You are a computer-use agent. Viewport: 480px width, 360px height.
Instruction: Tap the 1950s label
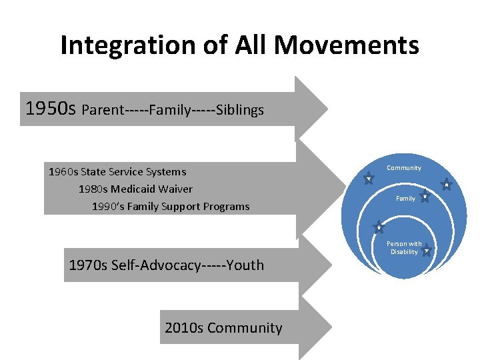(x=51, y=108)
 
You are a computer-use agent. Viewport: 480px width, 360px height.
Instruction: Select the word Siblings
(x=238, y=110)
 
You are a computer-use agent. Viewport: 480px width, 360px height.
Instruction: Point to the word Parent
(x=104, y=110)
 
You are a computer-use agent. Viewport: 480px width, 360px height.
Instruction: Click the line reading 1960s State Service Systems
(x=117, y=171)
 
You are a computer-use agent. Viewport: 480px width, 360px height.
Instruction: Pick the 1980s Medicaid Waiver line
(x=135, y=189)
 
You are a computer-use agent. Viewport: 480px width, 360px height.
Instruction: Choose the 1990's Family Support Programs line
(x=171, y=207)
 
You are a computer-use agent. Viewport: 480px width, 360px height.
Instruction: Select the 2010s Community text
(x=223, y=328)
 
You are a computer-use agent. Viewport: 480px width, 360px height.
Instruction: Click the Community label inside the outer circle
(x=404, y=168)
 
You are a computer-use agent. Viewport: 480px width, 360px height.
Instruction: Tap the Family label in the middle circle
(x=405, y=199)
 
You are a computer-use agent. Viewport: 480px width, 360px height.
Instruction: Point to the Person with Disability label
(x=404, y=248)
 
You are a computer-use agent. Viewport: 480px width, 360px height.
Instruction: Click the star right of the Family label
(x=425, y=197)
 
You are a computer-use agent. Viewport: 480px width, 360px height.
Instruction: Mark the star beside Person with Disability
(x=427, y=250)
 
